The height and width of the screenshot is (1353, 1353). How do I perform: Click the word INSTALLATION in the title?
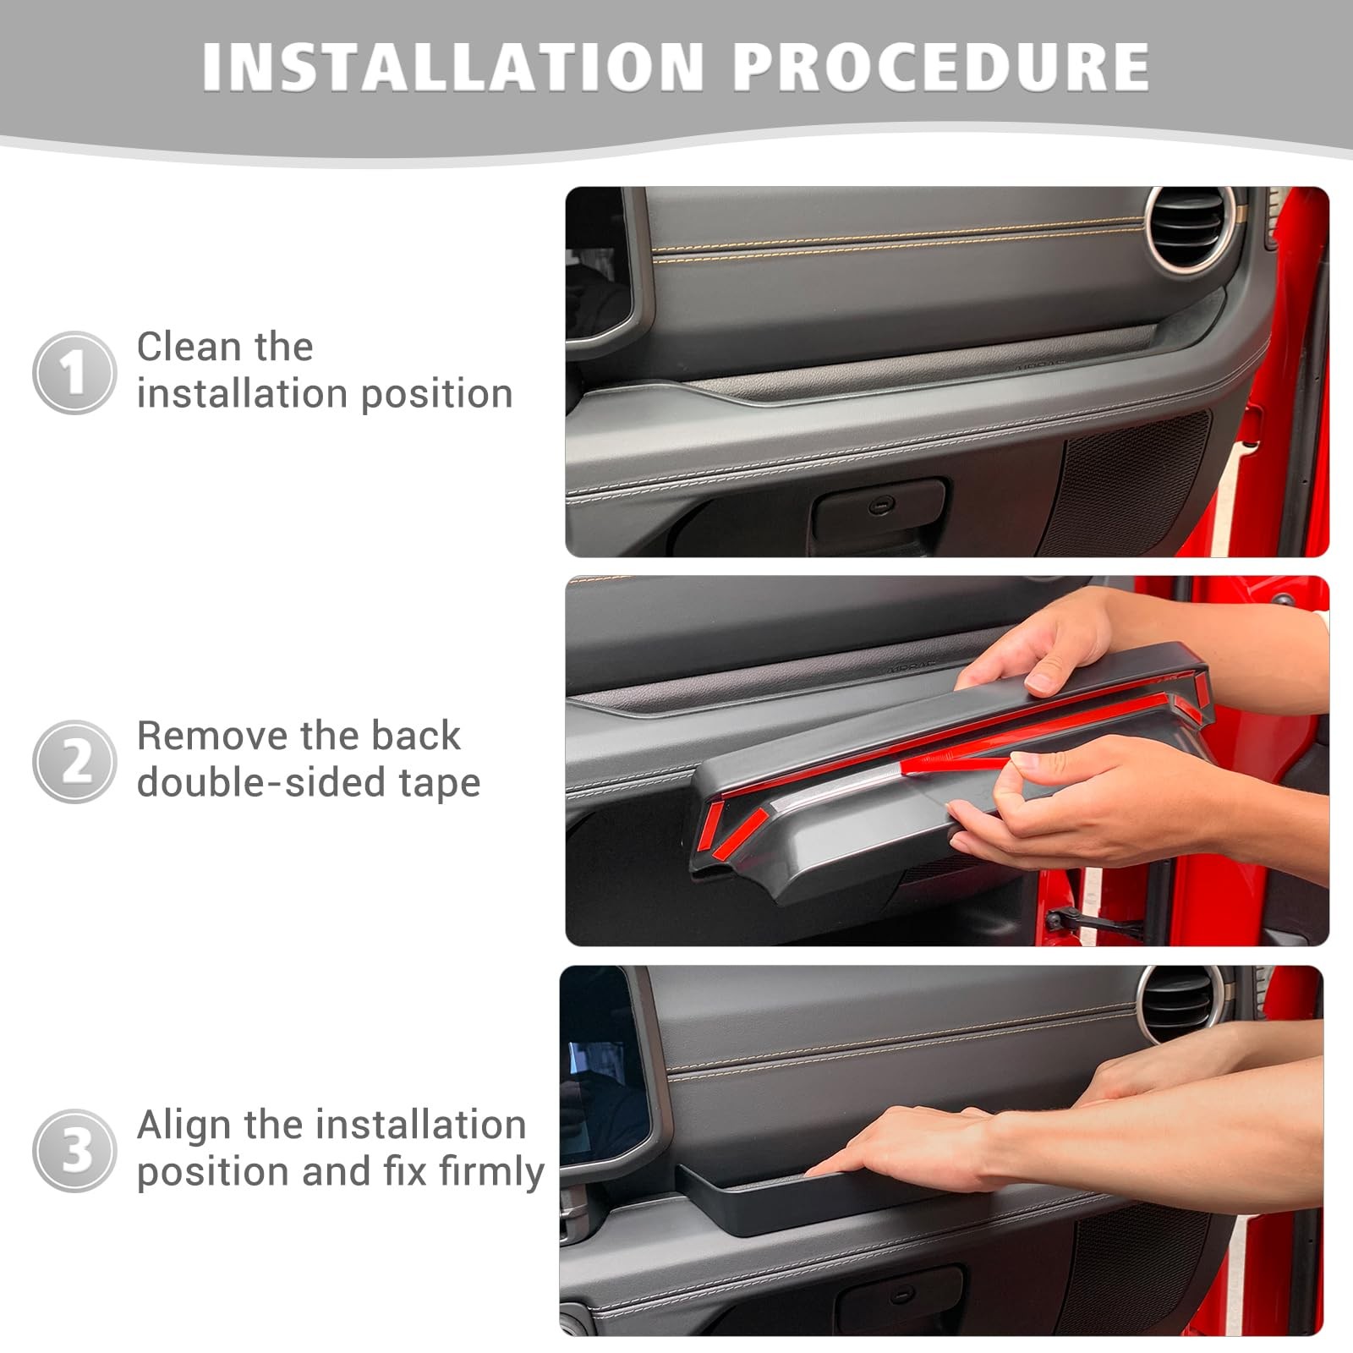click(x=453, y=65)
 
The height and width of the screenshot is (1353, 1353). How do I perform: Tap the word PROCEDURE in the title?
click(x=941, y=65)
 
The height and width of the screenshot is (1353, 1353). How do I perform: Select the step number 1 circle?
click(x=74, y=372)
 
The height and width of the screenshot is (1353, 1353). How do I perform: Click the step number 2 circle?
click(x=74, y=761)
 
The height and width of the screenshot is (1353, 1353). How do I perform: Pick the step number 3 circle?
click(x=74, y=1150)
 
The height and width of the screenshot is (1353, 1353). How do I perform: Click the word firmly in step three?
click(x=492, y=1172)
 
